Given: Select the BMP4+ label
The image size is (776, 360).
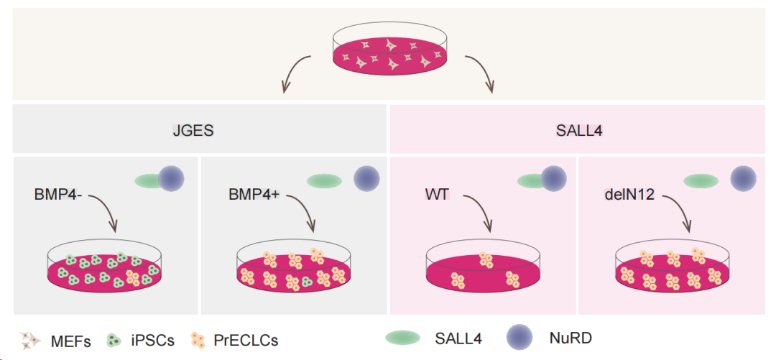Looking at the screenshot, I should coord(254,195).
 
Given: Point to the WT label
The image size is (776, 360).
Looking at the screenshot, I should coord(436,195).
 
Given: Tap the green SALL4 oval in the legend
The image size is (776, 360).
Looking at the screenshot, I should coord(403,338).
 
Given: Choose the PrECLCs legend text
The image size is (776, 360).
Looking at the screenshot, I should coord(246,341).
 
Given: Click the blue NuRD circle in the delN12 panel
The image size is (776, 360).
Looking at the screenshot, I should coord(743,178).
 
